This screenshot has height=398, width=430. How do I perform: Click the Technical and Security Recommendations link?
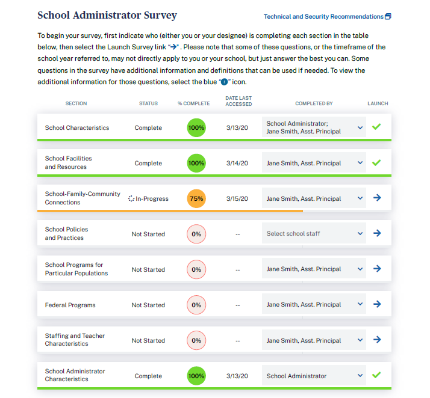click(323, 16)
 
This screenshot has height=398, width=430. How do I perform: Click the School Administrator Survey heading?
click(107, 16)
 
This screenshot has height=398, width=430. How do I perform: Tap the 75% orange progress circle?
click(196, 199)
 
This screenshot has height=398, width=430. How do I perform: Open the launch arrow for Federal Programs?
click(377, 304)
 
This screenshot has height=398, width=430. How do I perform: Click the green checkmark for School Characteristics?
click(377, 127)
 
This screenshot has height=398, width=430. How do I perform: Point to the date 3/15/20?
click(237, 199)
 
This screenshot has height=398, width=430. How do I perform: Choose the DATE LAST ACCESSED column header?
click(238, 101)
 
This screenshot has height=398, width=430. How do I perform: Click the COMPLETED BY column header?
click(314, 103)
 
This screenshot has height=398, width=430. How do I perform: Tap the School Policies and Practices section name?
click(66, 234)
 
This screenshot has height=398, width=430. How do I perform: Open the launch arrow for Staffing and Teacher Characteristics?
click(377, 340)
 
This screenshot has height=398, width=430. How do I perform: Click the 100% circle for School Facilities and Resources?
click(196, 163)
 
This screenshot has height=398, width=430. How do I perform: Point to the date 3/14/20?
click(237, 163)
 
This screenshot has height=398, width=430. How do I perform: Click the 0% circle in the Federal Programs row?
click(196, 305)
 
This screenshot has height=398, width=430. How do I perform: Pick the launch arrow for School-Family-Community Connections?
click(377, 197)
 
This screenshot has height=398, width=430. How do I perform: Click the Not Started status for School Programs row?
click(148, 269)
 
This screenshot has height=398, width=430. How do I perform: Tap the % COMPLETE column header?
click(194, 103)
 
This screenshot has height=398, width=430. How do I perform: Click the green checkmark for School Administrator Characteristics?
click(377, 375)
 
